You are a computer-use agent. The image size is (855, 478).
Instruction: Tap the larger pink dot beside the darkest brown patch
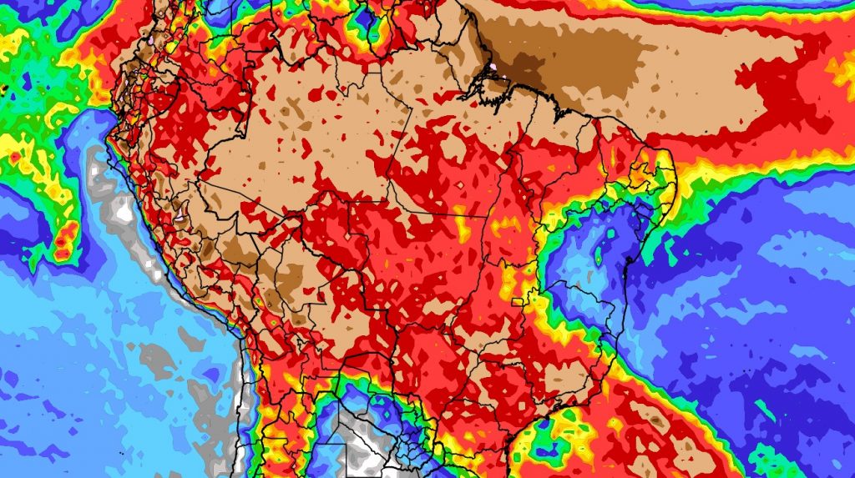pyautogui.click(x=494, y=64)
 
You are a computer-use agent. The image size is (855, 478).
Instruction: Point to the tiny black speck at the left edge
pyautogui.click(x=4, y=87)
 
